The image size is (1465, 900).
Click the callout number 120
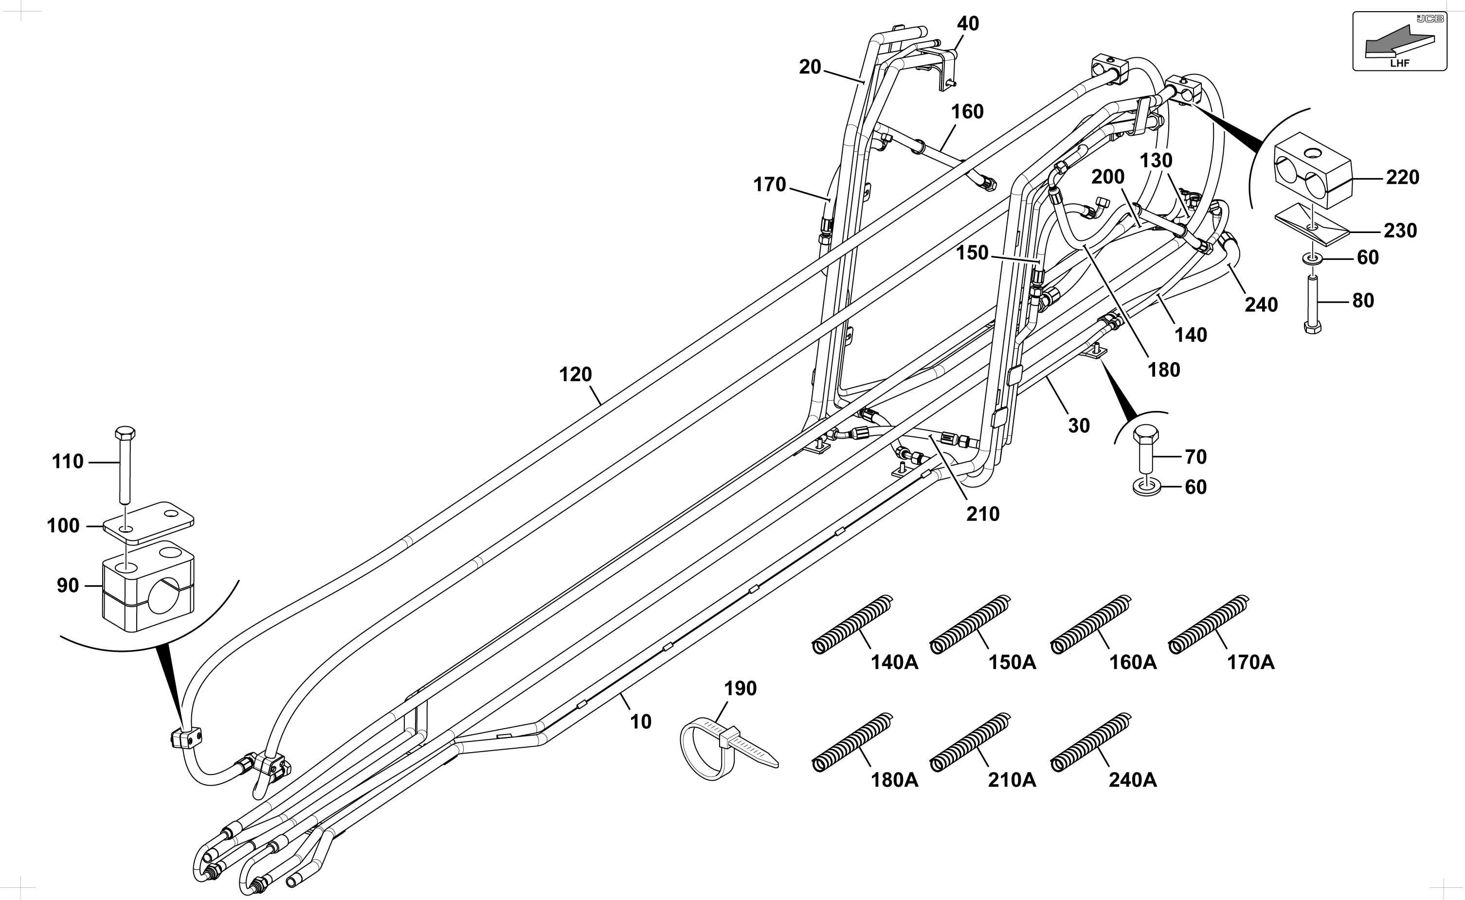point(576,375)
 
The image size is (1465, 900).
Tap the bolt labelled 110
point(125,464)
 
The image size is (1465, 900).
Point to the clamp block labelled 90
point(149,586)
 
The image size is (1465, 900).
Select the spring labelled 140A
point(852,624)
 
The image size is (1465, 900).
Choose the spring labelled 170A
point(1209,624)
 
